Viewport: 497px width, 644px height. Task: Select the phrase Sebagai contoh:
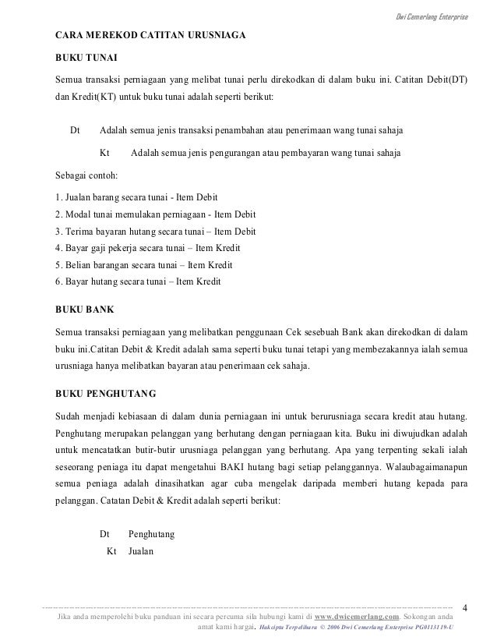(x=84, y=174)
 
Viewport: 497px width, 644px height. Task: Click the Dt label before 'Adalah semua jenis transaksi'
(x=76, y=129)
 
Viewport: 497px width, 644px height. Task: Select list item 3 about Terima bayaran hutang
(x=157, y=232)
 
